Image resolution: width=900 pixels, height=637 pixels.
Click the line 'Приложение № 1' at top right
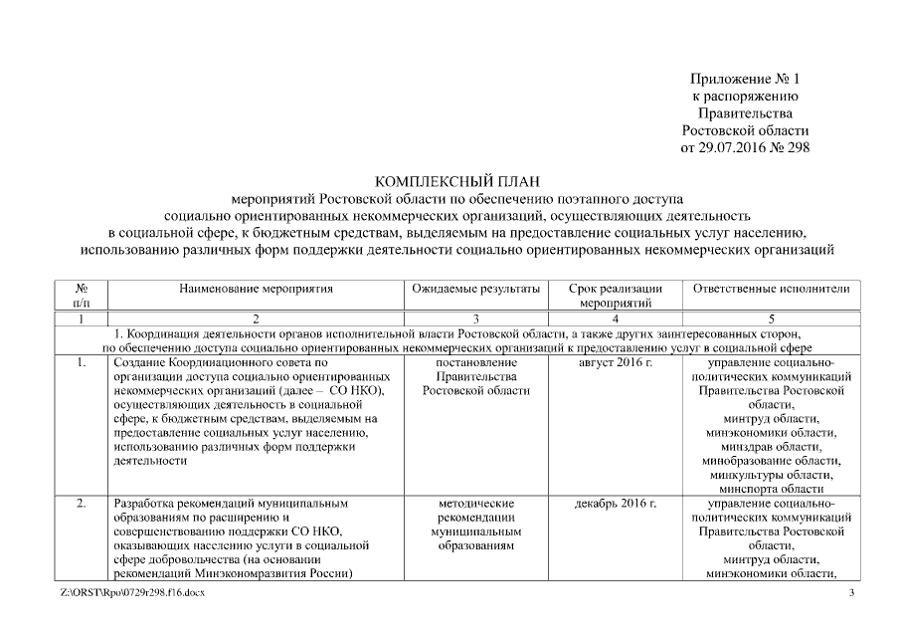coord(745,79)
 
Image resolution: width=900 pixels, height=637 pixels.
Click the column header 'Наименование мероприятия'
coord(256,289)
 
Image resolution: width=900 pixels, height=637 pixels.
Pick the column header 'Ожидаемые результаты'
coord(475,289)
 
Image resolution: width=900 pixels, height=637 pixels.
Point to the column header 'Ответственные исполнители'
coord(772,289)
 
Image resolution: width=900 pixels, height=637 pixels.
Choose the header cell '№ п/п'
coord(82,296)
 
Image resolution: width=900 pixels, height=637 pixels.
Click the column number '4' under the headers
coord(616,319)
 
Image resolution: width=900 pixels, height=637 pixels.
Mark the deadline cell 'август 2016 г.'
coord(616,363)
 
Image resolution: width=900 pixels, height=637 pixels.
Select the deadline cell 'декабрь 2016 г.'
coord(616,504)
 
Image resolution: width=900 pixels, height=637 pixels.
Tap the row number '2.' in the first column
coord(82,504)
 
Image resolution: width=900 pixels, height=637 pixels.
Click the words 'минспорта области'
coord(772,489)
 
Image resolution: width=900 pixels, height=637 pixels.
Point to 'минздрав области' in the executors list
coord(772,447)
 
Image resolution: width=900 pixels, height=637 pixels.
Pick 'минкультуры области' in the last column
coord(772,475)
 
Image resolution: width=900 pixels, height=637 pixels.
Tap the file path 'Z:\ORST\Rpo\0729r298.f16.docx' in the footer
coord(132,594)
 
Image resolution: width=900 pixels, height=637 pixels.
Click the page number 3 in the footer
coord(851,594)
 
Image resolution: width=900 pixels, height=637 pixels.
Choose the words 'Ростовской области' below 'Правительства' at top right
coord(745,130)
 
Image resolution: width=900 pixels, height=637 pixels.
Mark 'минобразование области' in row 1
coord(772,461)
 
